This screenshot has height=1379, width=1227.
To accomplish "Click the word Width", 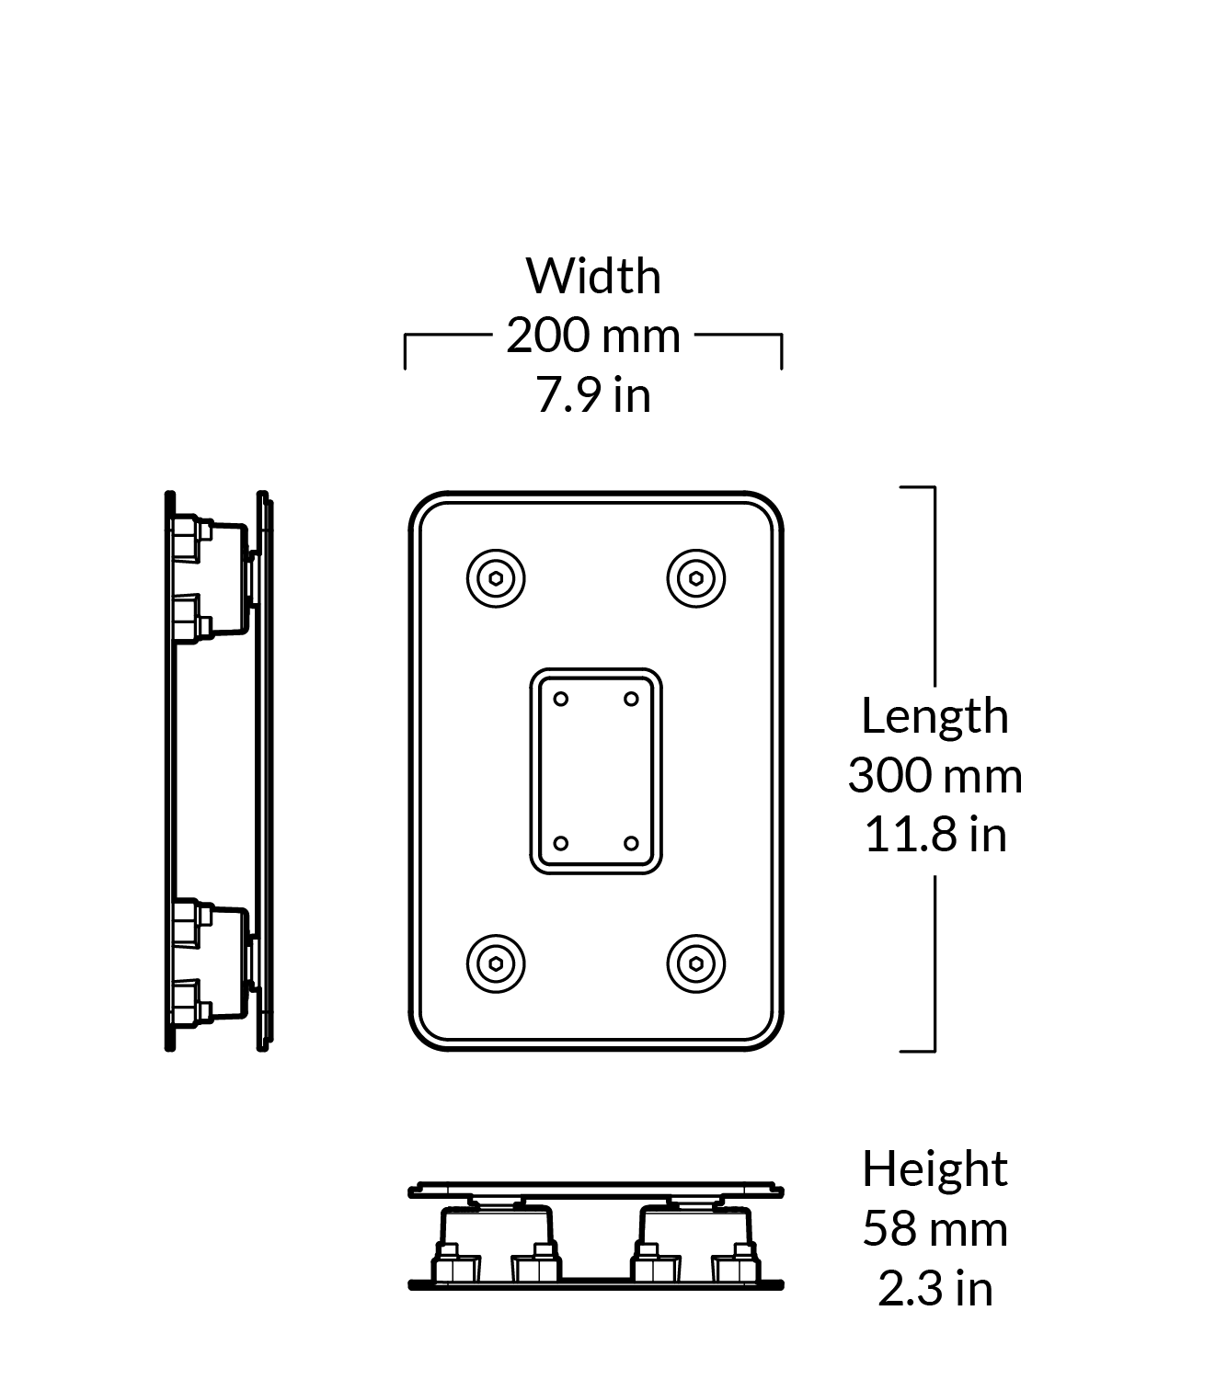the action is click(x=593, y=276).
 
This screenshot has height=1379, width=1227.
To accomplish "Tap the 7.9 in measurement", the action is click(x=593, y=394).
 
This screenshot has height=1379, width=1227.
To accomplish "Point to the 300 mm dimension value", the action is click(x=935, y=775).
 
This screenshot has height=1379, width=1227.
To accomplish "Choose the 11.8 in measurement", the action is click(x=935, y=835).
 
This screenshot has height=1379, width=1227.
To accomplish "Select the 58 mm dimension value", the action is click(x=935, y=1228).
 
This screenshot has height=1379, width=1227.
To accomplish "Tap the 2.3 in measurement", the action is click(x=935, y=1288).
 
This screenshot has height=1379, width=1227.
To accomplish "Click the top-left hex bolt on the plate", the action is click(x=496, y=578).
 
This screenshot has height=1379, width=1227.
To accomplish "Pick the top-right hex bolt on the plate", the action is click(x=696, y=578).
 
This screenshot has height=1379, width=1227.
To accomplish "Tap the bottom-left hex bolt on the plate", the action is click(x=496, y=963).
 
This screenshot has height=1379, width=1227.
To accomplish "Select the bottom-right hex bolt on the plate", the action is click(x=696, y=963).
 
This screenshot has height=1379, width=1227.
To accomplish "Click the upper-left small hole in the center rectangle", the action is click(x=561, y=699).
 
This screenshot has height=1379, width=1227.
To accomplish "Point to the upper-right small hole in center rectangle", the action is click(x=631, y=699).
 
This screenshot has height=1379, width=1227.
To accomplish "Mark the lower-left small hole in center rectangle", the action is click(x=561, y=844).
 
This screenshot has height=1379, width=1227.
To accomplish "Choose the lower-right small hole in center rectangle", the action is click(x=631, y=844).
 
